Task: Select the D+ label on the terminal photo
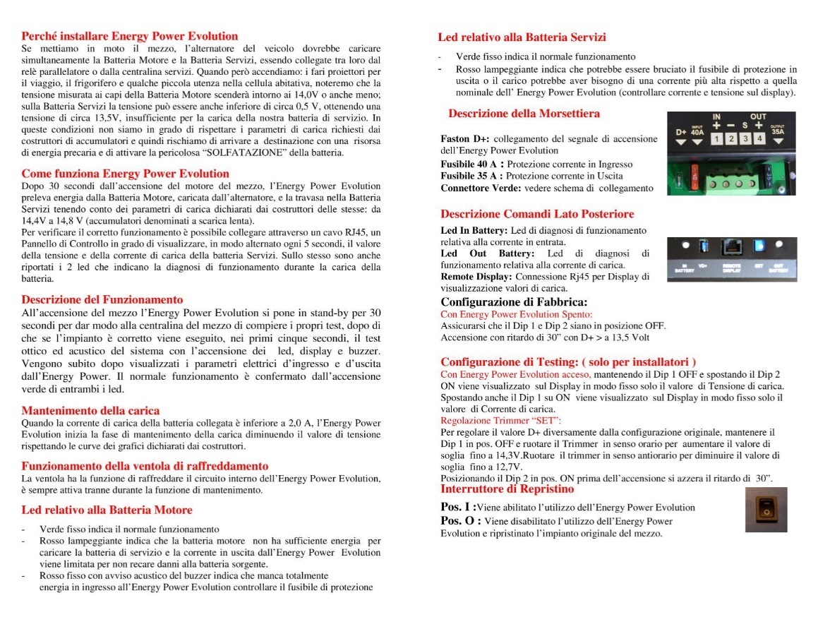click(680, 131)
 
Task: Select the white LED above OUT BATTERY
click(780, 245)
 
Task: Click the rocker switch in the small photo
click(765, 508)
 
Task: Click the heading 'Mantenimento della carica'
click(90, 410)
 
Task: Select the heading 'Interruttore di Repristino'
click(507, 489)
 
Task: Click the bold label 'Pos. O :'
click(456, 521)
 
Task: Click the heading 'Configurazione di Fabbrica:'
click(514, 303)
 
